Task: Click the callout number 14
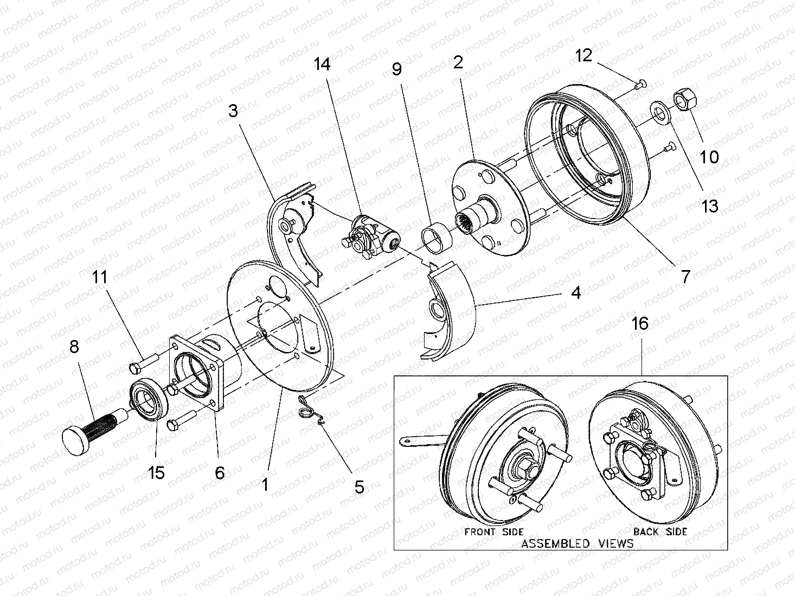click(x=322, y=64)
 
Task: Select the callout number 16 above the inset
click(x=640, y=324)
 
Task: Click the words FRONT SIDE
click(x=493, y=531)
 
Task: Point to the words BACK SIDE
click(x=660, y=531)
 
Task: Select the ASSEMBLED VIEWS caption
click(x=577, y=543)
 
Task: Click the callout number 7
click(x=685, y=277)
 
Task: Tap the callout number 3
click(x=233, y=112)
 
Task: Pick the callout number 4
click(x=575, y=293)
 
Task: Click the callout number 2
click(x=458, y=62)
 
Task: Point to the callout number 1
click(x=265, y=484)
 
